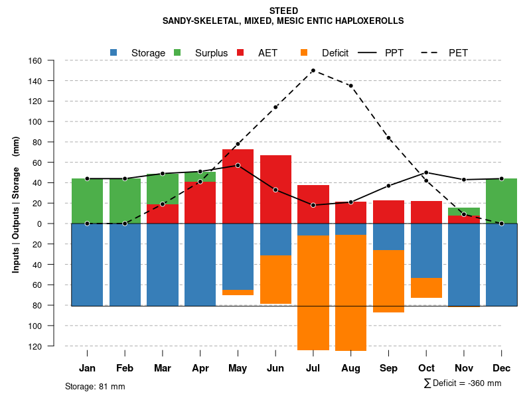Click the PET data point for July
tap(313, 70)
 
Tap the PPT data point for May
tap(238, 165)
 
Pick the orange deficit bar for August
tap(350, 293)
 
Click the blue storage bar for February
tap(125, 265)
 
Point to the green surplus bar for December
tap(501, 201)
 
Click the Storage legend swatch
tap(114, 52)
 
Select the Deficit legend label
tap(335, 53)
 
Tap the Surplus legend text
tap(211, 53)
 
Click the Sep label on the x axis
tap(388, 368)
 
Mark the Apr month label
tap(200, 368)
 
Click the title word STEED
tap(283, 11)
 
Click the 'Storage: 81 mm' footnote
tap(95, 386)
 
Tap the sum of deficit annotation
tap(462, 383)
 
